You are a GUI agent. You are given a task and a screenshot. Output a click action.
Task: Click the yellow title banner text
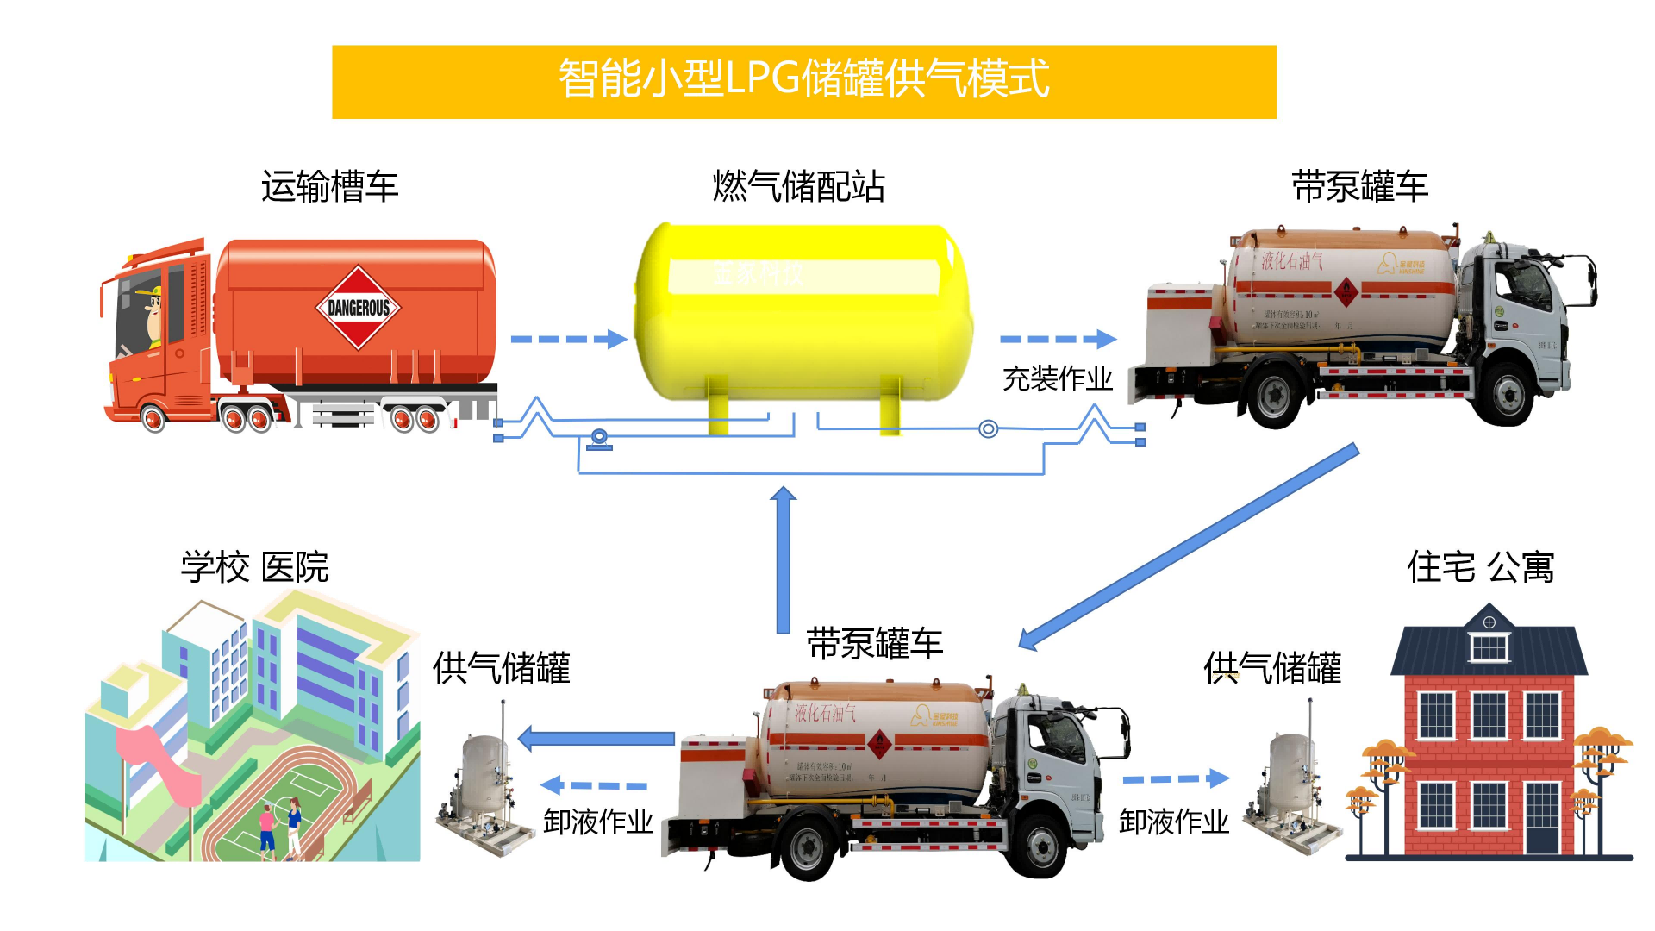coord(803,79)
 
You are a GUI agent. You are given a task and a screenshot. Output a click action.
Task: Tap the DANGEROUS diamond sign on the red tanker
coord(359,308)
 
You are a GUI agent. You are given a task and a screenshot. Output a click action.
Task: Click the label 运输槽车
coord(329,186)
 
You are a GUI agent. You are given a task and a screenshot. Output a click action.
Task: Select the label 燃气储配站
coord(798,186)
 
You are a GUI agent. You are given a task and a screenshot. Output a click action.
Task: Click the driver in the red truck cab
coord(152,316)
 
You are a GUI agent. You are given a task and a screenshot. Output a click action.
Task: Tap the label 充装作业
coord(1057,378)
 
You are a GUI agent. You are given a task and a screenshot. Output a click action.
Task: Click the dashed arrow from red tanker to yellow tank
coord(569,339)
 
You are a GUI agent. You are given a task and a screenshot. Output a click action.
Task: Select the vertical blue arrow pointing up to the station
coord(783,560)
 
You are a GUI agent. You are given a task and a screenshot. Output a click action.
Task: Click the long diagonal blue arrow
coord(1190,547)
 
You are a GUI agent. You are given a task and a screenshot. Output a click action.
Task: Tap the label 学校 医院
coord(254,567)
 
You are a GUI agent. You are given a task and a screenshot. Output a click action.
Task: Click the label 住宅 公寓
coord(1480,567)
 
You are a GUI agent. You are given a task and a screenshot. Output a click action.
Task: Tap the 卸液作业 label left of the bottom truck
coord(597,822)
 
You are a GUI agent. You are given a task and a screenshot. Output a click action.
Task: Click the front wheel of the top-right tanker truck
coord(1507,395)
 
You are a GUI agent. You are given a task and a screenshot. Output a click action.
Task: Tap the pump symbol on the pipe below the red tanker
coord(599,439)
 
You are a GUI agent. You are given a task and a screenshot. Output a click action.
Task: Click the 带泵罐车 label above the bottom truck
coord(874,644)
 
